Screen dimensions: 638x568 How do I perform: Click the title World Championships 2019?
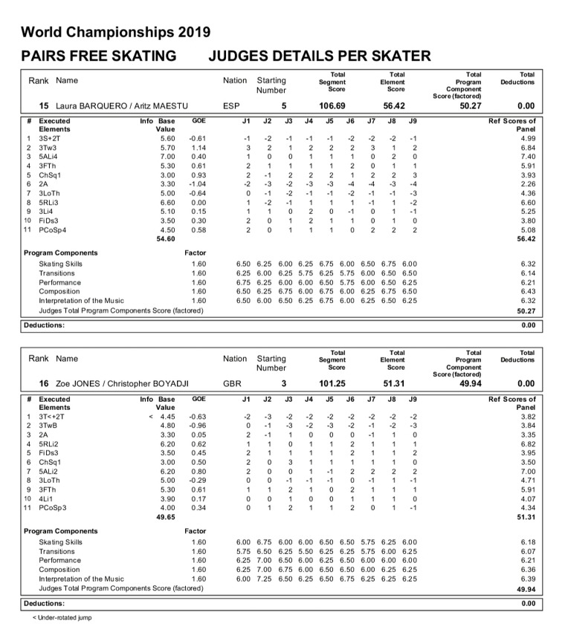pyautogui.click(x=115, y=32)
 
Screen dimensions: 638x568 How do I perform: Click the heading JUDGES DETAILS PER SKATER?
pyautogui.click(x=320, y=56)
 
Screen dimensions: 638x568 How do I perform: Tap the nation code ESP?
pyautogui.click(x=231, y=106)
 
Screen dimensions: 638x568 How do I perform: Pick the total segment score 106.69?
pyautogui.click(x=337, y=106)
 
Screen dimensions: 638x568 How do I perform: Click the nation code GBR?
pyautogui.click(x=232, y=384)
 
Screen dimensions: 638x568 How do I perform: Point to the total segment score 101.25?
pyautogui.click(x=337, y=384)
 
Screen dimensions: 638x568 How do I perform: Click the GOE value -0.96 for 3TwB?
pyautogui.click(x=197, y=426)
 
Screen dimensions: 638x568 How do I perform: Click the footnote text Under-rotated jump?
pyautogui.click(x=64, y=618)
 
